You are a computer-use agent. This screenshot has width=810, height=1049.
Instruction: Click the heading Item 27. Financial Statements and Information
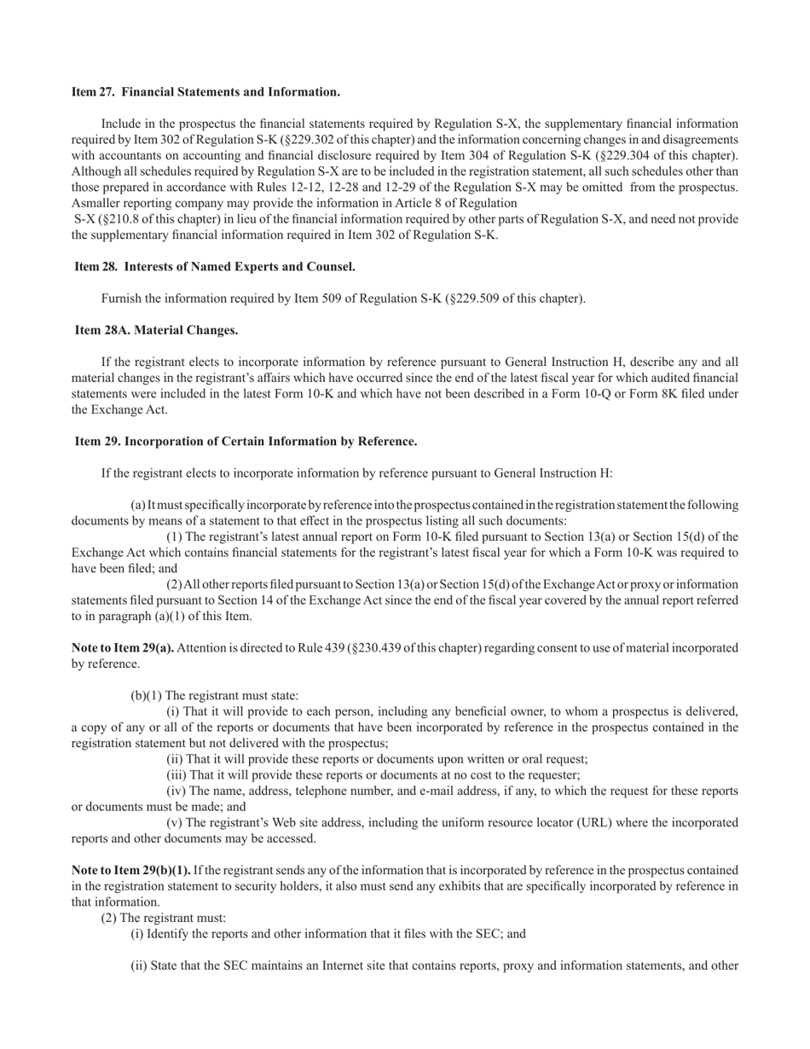(x=205, y=92)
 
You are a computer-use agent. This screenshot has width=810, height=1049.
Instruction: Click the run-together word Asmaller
(x=96, y=203)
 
